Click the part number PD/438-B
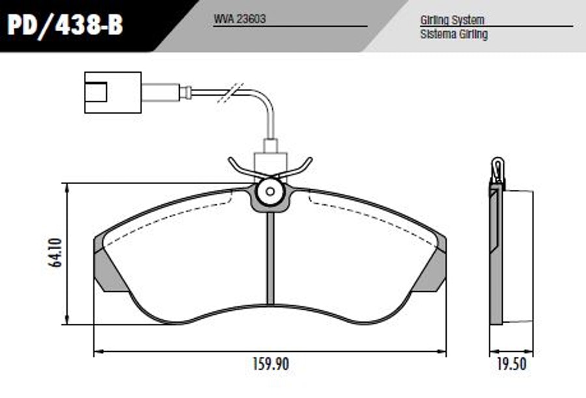point(64,25)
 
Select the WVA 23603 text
point(240,19)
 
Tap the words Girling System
point(453,20)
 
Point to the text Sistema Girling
point(454,34)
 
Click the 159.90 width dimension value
point(271,364)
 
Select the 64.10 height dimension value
point(57,253)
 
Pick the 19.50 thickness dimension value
point(511,364)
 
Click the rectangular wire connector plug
point(113,92)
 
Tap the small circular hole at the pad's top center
point(270,192)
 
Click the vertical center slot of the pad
point(271,259)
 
